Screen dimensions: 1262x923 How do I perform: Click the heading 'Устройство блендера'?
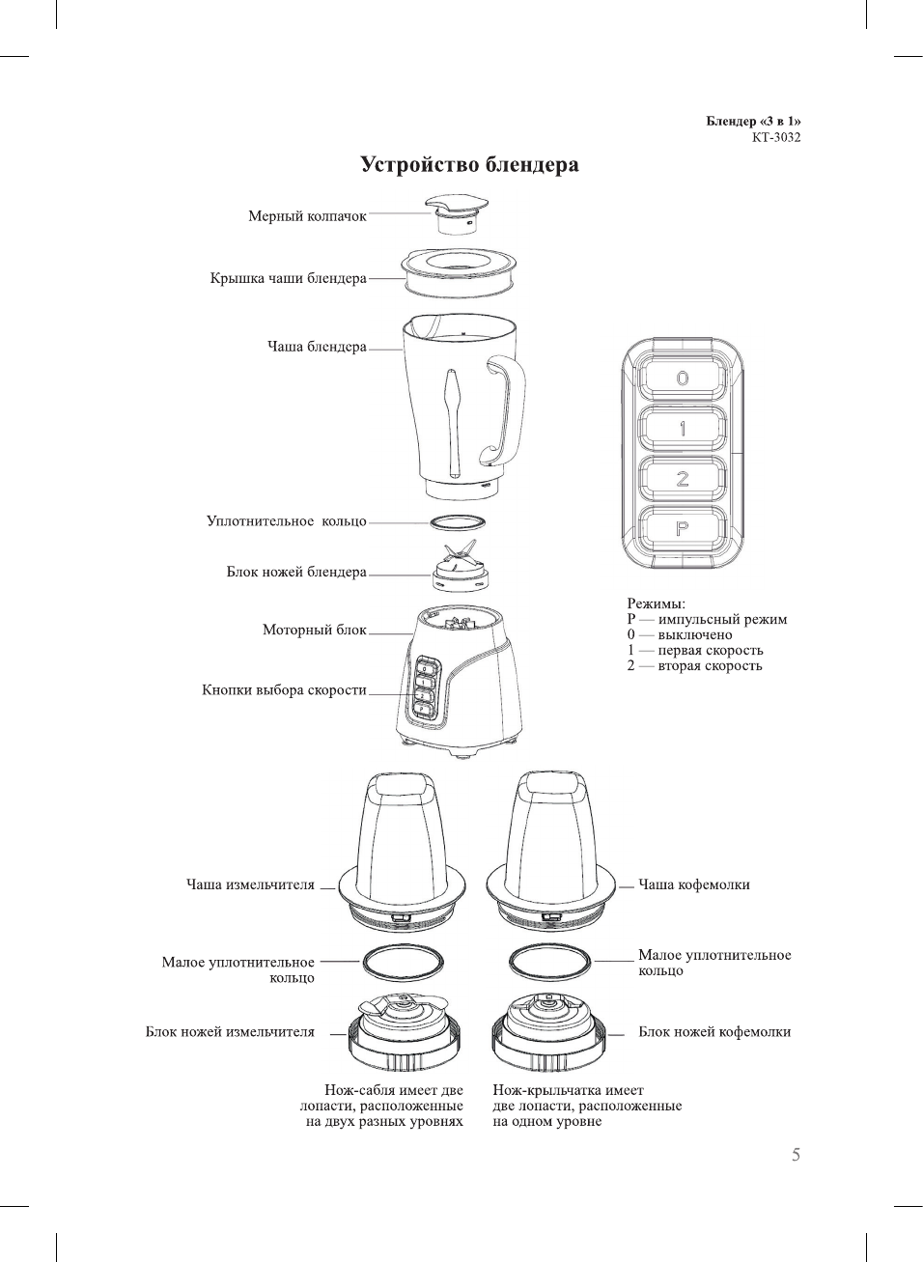469,165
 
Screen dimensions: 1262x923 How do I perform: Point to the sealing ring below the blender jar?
458,522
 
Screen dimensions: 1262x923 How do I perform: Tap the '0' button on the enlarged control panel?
683,379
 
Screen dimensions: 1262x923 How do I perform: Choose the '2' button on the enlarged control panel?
683,479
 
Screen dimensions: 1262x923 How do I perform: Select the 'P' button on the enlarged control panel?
683,529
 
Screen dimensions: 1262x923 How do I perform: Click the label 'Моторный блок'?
315,631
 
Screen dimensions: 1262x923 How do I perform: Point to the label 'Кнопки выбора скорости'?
284,690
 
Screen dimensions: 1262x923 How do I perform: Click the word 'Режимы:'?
656,604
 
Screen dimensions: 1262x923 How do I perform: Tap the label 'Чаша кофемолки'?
693,885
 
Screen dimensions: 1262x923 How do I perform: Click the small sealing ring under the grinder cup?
404,963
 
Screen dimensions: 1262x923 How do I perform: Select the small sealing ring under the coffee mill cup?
548,963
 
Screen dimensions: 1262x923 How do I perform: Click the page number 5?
796,1155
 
